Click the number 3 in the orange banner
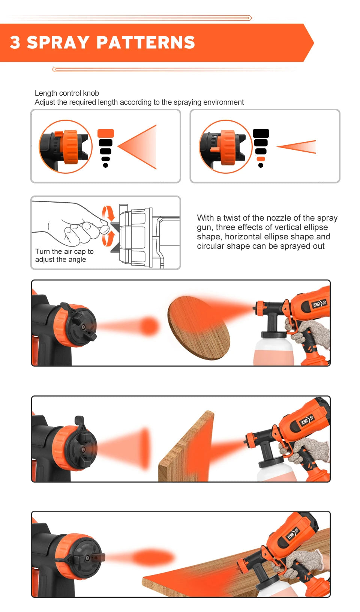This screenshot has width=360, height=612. click(x=15, y=42)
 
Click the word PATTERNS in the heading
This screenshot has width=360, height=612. click(x=146, y=42)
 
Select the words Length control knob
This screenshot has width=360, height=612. click(x=67, y=93)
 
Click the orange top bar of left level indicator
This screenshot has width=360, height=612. click(x=105, y=133)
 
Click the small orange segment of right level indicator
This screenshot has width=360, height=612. click(x=261, y=159)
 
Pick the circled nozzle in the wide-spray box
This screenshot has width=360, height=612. click(x=66, y=147)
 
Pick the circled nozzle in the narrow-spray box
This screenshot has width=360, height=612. click(x=225, y=147)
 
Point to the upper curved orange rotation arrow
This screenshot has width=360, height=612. click(x=108, y=213)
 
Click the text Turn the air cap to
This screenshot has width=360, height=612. click(x=64, y=251)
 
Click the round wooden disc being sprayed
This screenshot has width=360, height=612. click(x=199, y=328)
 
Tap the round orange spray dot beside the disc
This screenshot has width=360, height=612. click(x=149, y=326)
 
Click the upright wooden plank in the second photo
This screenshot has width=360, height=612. click(x=187, y=448)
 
